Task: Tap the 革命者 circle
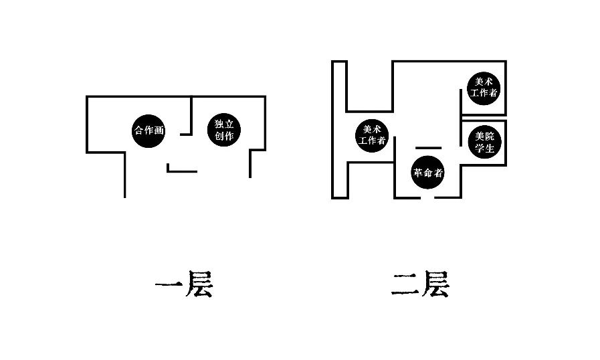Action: (427, 172)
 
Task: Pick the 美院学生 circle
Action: (484, 142)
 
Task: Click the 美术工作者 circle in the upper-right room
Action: (484, 87)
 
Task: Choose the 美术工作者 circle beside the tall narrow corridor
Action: (372, 135)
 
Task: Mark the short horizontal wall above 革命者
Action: (428, 147)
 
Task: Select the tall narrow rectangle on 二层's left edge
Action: (339, 130)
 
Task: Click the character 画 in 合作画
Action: (159, 130)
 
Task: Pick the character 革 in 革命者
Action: (418, 172)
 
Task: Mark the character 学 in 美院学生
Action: (479, 148)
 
